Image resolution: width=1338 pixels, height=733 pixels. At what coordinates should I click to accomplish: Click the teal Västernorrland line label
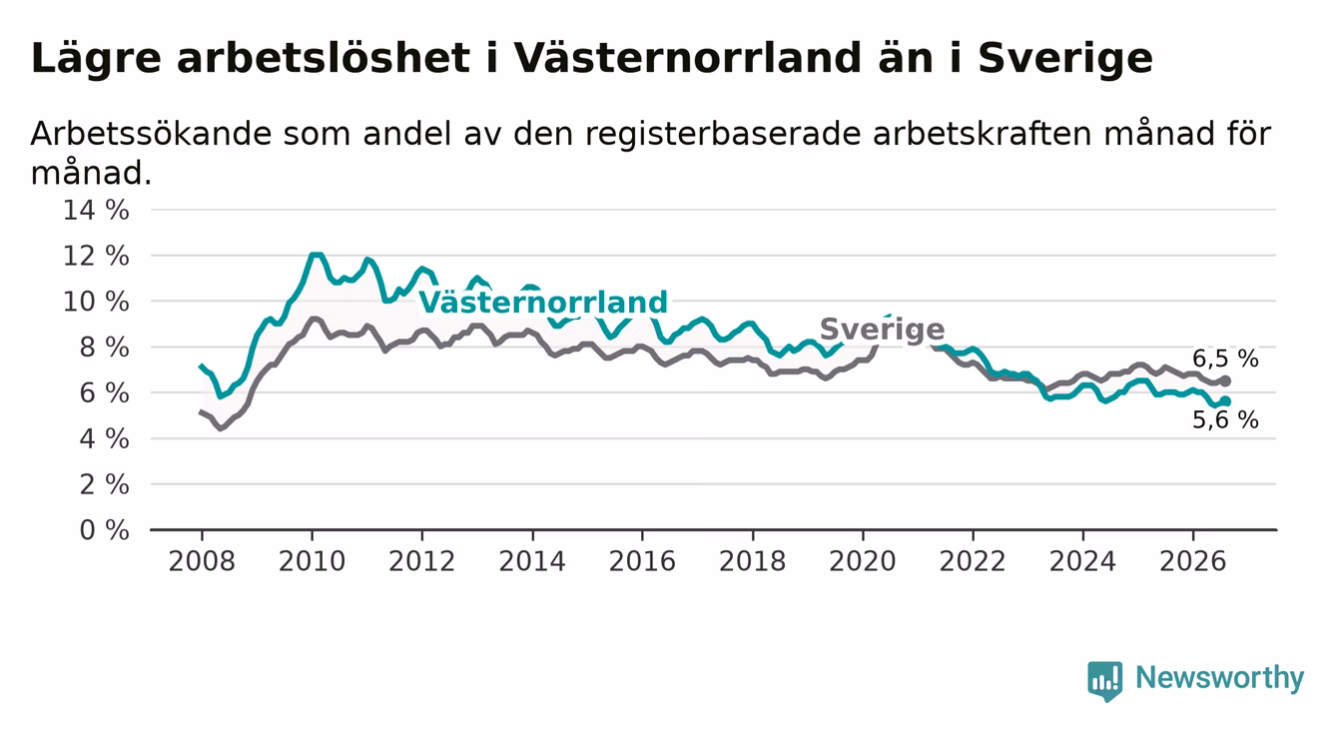click(543, 303)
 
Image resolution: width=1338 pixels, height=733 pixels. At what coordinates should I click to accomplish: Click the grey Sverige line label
click(883, 330)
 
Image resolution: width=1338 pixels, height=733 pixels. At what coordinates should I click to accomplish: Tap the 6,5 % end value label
click(1226, 359)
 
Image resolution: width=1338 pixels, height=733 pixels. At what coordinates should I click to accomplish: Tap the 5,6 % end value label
click(1226, 420)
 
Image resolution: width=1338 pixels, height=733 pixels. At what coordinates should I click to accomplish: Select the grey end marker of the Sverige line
click(1225, 380)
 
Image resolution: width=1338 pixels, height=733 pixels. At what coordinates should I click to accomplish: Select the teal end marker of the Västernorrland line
click(1225, 401)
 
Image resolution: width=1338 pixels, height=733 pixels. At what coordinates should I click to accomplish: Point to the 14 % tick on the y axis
click(96, 211)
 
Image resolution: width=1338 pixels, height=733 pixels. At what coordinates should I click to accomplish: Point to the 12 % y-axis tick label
click(96, 256)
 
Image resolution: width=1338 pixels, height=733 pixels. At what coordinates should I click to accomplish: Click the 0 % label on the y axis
click(105, 530)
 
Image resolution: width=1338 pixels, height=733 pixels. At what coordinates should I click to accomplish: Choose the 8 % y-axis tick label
click(105, 348)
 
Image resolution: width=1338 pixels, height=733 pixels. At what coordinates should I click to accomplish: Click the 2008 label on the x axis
click(202, 561)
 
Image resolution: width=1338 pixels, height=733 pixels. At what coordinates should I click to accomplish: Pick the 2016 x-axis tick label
click(642, 561)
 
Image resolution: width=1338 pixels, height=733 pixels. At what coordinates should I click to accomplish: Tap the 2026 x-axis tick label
click(1193, 561)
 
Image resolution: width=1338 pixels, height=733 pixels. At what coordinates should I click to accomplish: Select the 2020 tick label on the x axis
click(863, 561)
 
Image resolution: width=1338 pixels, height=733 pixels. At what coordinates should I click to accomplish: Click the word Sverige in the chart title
click(1065, 60)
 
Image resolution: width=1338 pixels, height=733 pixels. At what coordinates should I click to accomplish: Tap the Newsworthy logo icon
click(1105, 681)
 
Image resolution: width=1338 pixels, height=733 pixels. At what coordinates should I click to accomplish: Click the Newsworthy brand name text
click(1220, 679)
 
